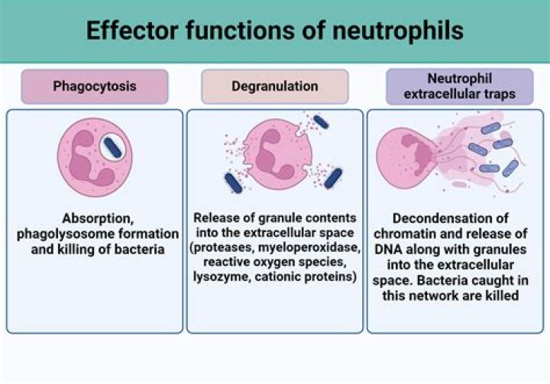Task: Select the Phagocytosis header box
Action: (95, 86)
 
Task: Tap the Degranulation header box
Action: (274, 86)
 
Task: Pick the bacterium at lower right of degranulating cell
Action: (333, 179)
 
